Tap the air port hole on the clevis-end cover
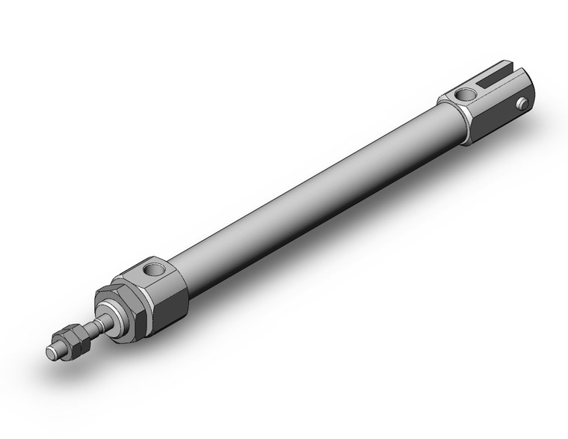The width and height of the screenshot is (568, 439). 467,94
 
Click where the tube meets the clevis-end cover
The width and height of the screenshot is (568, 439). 456,120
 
